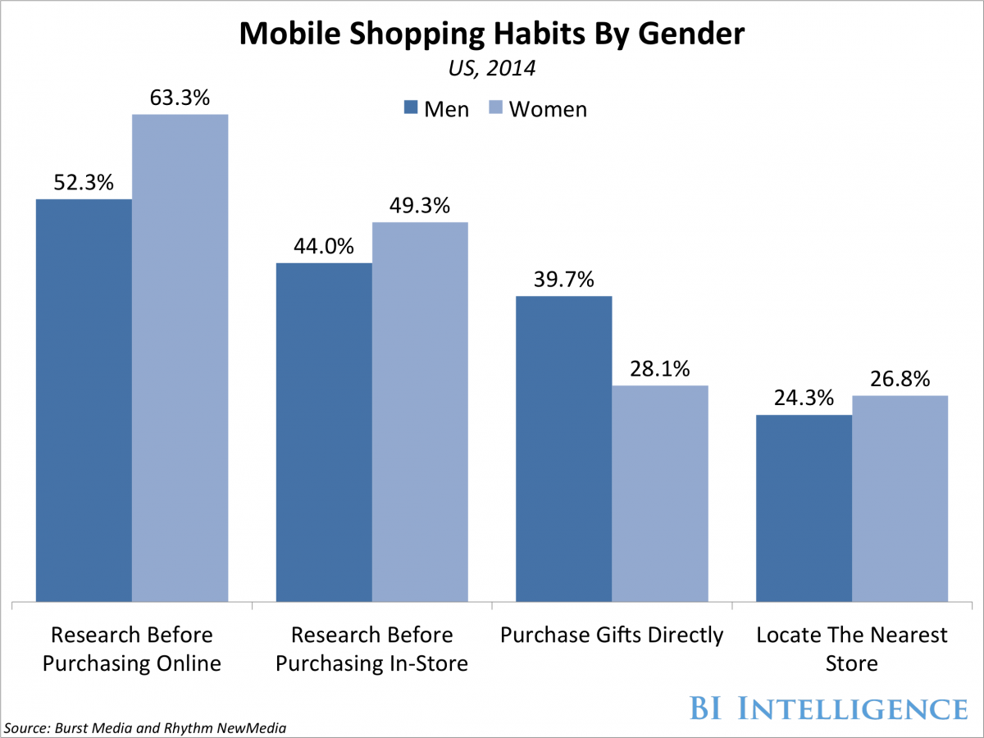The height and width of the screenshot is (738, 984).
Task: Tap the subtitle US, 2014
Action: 492,69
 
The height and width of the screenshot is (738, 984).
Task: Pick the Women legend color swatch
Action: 495,108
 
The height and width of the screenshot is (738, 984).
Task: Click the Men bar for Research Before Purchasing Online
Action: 84,402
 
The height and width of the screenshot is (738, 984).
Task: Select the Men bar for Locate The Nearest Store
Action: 804,508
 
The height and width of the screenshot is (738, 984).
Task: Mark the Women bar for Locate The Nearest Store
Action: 900,499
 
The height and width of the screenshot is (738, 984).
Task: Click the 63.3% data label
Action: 180,98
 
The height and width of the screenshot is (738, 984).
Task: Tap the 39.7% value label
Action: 563,280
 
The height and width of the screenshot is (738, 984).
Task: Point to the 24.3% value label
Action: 804,399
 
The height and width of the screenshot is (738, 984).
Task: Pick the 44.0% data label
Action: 324,247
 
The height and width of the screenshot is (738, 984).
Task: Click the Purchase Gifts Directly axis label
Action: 612,635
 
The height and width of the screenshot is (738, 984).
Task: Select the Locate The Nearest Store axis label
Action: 852,648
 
